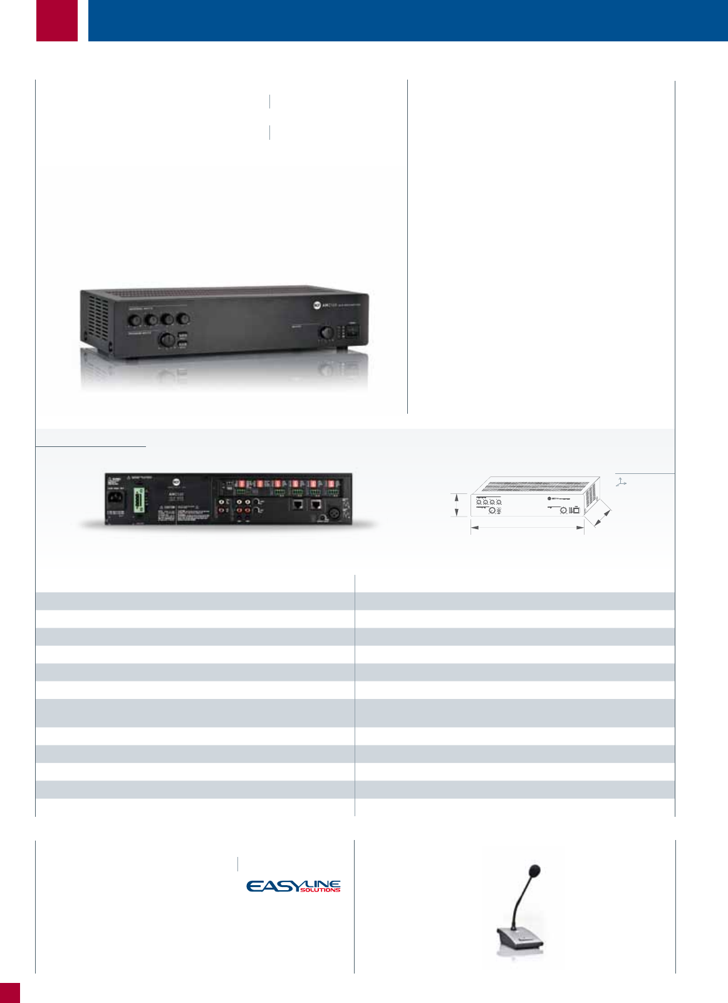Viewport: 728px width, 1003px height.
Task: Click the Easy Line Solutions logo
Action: [x=293, y=886]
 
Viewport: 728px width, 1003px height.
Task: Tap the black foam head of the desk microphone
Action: [x=534, y=871]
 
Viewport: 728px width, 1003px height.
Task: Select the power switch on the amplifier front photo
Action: [x=353, y=330]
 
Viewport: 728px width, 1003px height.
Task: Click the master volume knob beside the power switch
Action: [x=326, y=333]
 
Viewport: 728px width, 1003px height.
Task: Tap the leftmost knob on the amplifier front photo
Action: [x=135, y=320]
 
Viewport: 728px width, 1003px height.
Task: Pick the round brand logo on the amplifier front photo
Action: [x=317, y=305]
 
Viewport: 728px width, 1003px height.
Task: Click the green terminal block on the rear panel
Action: [x=138, y=501]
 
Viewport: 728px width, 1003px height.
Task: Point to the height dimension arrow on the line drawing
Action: [x=457, y=505]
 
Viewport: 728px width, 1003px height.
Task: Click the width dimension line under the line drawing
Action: [x=527, y=528]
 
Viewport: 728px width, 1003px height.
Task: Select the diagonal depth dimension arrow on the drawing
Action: [x=601, y=517]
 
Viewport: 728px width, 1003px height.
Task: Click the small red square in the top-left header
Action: [x=57, y=20]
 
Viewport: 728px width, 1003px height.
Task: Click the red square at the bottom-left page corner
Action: [x=9, y=993]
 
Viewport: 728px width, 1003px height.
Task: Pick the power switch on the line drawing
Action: [x=576, y=510]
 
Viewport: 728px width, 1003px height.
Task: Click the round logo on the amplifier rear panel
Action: [x=176, y=483]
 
